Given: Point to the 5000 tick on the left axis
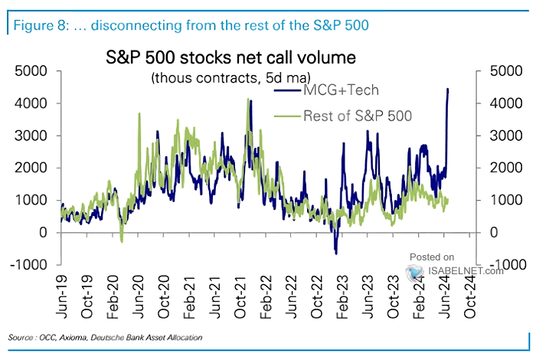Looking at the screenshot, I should [x=33, y=71].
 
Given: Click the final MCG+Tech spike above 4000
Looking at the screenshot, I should [x=447, y=90].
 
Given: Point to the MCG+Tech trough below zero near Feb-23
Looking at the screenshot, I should [x=335, y=252].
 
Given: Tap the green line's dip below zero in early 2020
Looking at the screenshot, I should [x=121, y=241].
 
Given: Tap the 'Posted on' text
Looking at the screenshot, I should [x=432, y=257].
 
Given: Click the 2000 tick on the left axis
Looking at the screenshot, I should [x=33, y=168].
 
